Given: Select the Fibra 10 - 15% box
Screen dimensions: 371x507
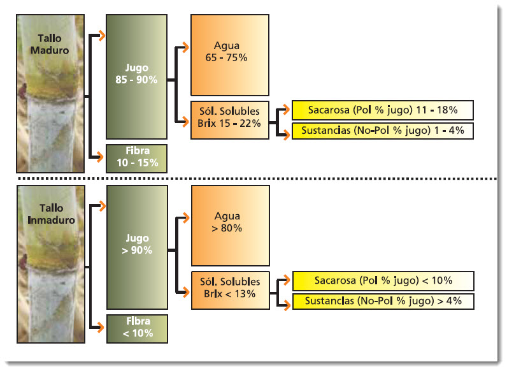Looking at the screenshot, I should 136,158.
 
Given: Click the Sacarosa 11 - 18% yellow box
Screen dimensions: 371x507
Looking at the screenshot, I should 382,110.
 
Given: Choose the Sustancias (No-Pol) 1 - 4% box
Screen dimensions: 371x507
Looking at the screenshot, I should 382,131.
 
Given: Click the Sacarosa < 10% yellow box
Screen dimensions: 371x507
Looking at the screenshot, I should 382,280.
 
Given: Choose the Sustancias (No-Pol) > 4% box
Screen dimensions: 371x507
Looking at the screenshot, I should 382,301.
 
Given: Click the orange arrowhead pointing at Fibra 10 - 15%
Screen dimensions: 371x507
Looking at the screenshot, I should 99,157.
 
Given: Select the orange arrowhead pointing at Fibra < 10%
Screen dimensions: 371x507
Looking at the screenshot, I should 99,328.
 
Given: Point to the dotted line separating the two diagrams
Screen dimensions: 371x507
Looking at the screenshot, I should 255,178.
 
